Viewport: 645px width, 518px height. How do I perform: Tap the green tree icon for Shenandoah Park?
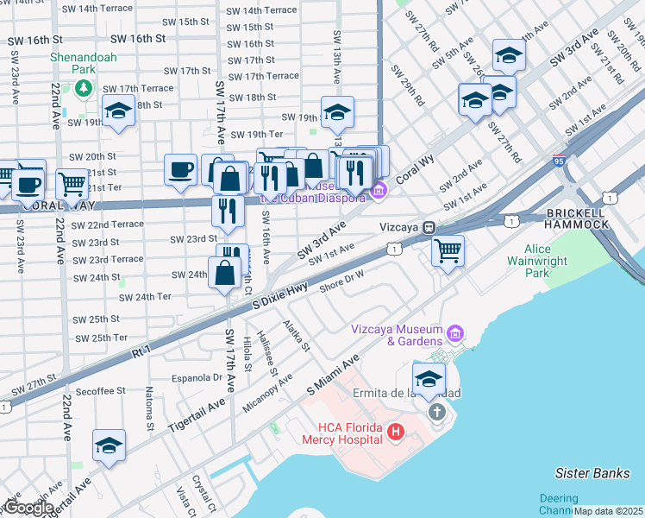click(84, 87)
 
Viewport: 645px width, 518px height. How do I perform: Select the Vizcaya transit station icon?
click(428, 227)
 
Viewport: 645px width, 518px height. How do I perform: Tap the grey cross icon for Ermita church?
click(436, 412)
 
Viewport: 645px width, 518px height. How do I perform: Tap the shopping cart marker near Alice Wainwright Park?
click(448, 251)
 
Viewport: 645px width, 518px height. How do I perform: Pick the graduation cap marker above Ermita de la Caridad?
click(429, 379)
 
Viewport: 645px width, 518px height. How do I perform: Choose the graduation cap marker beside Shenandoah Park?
click(118, 111)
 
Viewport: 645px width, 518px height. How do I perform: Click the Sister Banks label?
click(589, 473)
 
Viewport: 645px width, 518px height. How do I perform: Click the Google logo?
click(28, 508)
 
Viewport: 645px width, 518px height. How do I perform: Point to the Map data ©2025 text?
click(608, 511)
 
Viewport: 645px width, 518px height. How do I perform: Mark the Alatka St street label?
click(299, 337)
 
